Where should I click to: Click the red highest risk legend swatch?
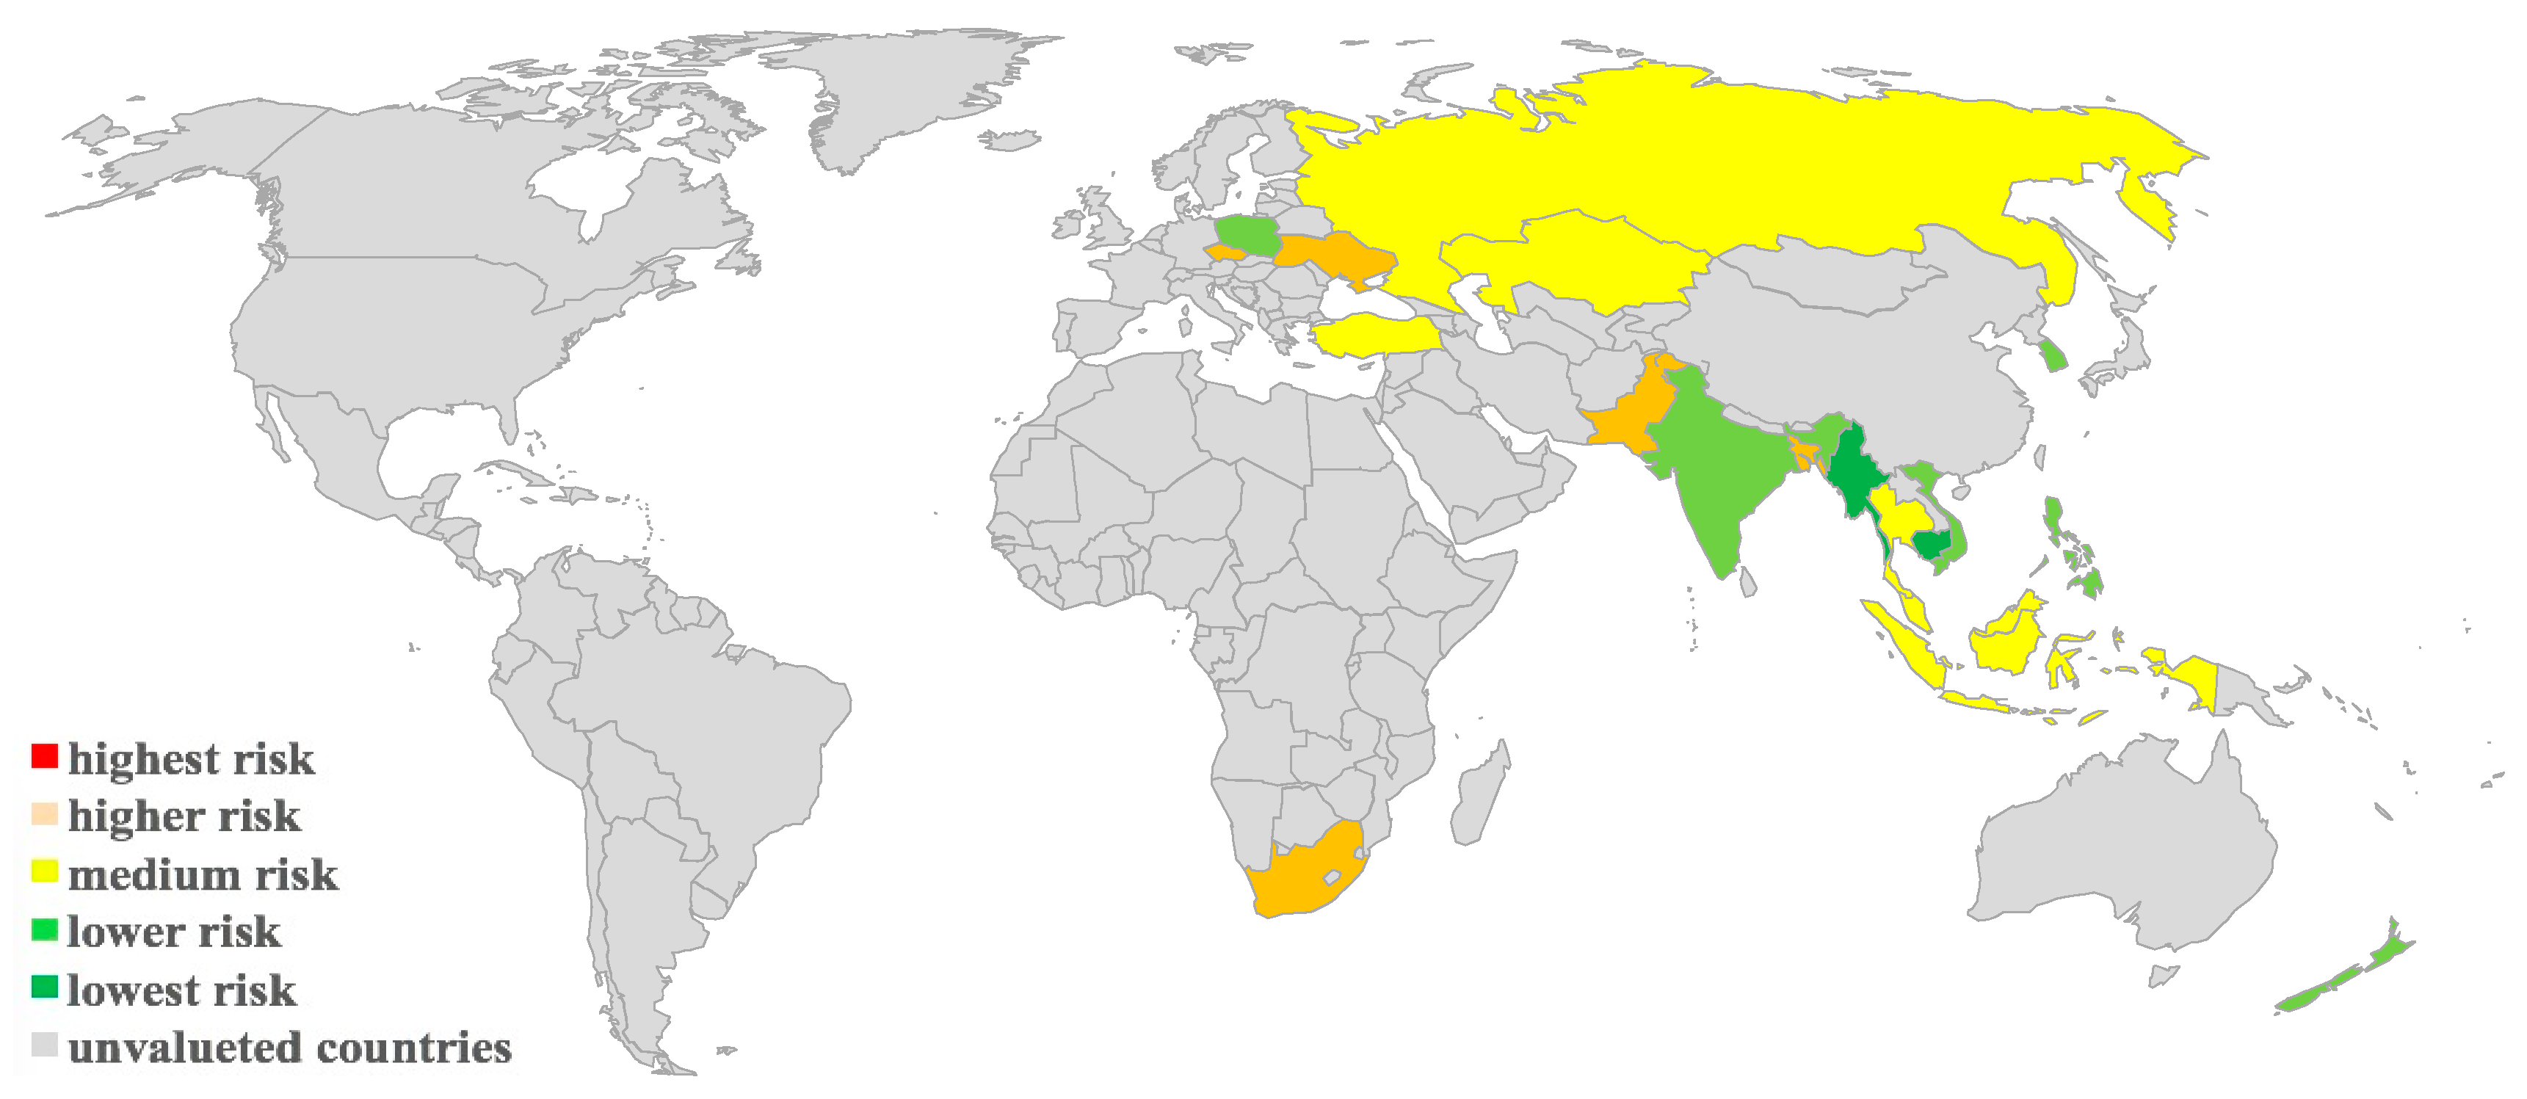click(44, 757)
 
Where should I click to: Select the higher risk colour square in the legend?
click(44, 814)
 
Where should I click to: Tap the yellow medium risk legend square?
click(44, 871)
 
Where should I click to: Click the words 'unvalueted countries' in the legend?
click(289, 1048)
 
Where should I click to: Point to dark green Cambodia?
click(1932, 545)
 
